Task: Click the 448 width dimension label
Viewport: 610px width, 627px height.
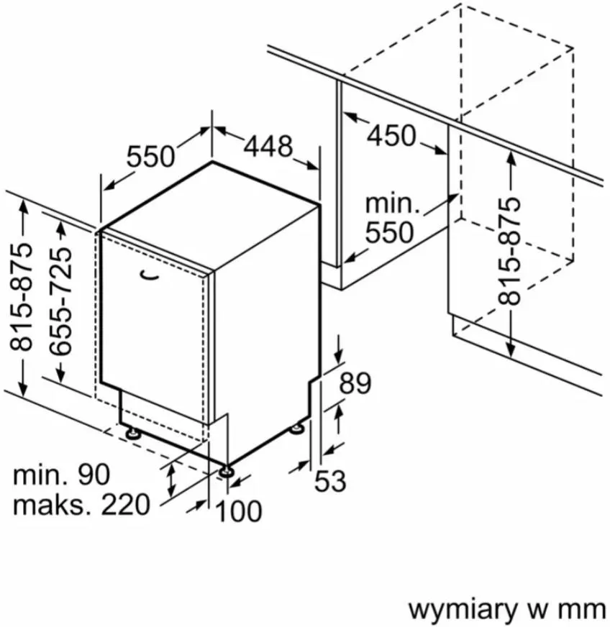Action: (x=268, y=147)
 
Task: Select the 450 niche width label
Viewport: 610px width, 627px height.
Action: (x=391, y=135)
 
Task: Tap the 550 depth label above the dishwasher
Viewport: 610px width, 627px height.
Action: (x=151, y=156)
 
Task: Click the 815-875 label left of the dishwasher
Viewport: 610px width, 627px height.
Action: (x=23, y=296)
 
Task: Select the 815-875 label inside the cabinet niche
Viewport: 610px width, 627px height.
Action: (x=509, y=251)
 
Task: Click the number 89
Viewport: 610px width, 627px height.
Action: (x=355, y=383)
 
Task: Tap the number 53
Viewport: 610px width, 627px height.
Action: (x=331, y=481)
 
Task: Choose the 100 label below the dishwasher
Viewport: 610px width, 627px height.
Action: (x=239, y=512)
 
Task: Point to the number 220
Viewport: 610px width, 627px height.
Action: (x=125, y=504)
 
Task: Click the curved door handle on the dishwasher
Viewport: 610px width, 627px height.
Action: (x=150, y=273)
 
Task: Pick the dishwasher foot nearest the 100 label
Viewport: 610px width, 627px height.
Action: (x=227, y=471)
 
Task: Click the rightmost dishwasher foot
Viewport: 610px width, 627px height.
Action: (x=296, y=429)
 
